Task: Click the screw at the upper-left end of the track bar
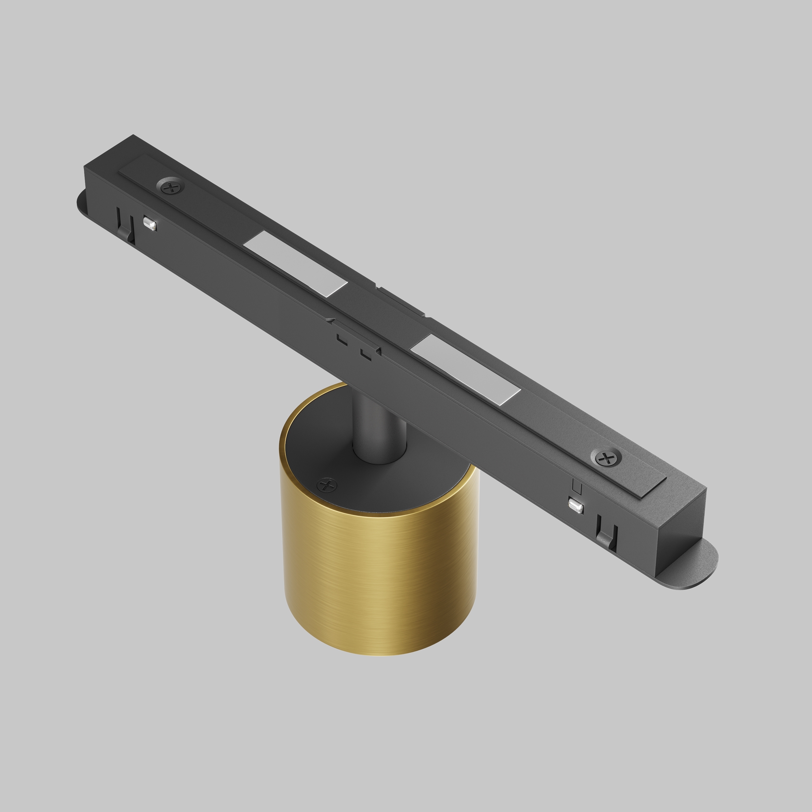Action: pos(171,188)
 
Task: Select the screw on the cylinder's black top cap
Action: pos(327,486)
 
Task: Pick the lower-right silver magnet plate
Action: pos(466,370)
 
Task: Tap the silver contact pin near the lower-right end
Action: pos(575,505)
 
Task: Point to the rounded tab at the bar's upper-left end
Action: pos(81,203)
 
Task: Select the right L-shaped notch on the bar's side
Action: pos(366,354)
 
